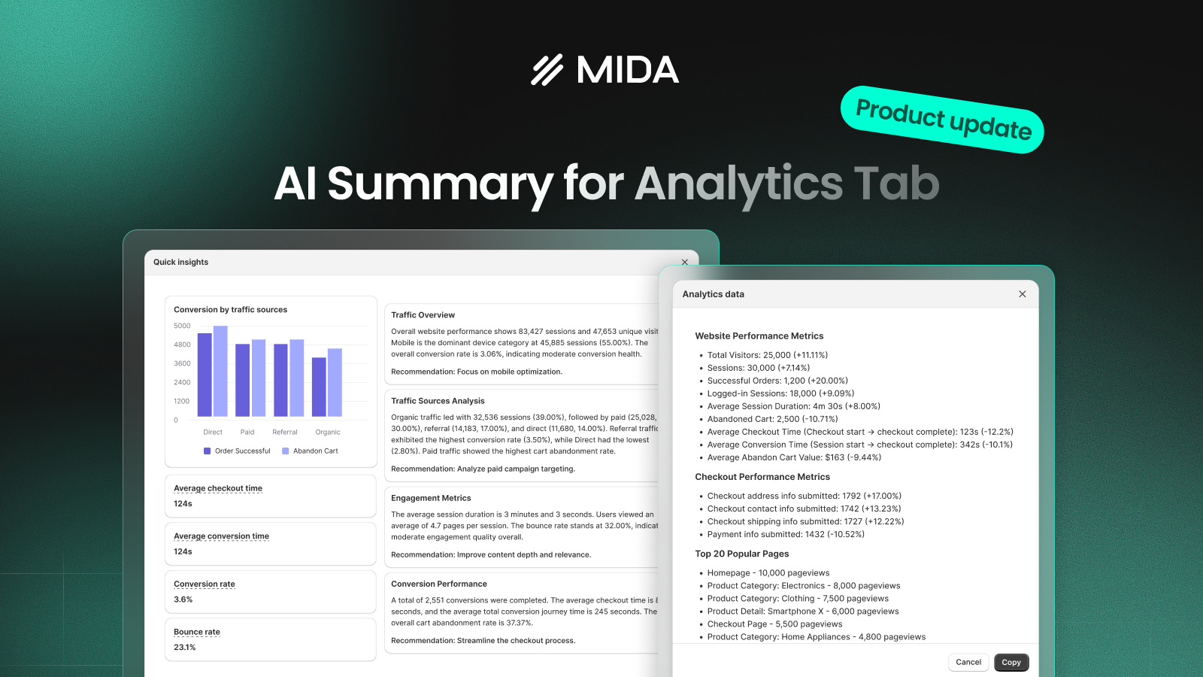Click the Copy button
coord(1011,662)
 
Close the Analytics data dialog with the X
coord(1022,294)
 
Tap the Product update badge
coord(943,120)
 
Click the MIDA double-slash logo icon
coord(547,71)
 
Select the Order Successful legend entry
coord(237,451)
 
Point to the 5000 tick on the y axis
coord(182,326)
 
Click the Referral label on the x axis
coord(284,432)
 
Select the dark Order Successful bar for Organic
coord(319,387)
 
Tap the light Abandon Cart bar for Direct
coord(220,371)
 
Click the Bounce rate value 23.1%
coord(185,647)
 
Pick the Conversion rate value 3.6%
coord(183,600)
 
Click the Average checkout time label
coord(218,488)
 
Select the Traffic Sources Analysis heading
coord(438,401)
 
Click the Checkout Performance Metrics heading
coord(762,477)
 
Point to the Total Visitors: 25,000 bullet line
coord(767,355)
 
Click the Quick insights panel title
coord(180,262)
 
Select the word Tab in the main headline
coord(896,184)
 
